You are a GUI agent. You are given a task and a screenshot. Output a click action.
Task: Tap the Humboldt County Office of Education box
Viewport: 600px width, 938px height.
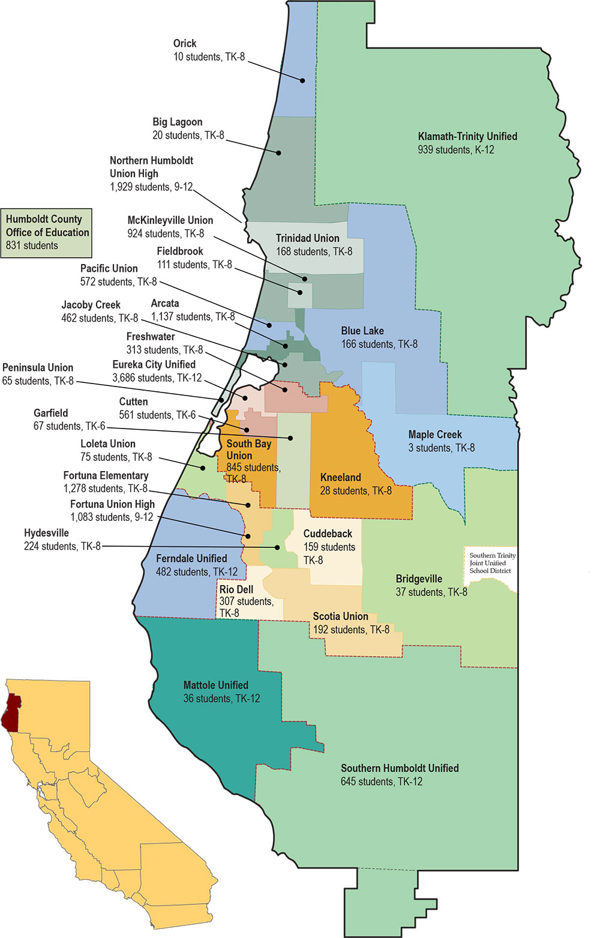coord(46,233)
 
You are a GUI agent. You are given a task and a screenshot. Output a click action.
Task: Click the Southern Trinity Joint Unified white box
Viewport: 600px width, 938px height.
coord(491,563)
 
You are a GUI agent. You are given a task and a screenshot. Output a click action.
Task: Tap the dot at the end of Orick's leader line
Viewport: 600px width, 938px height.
coord(303,80)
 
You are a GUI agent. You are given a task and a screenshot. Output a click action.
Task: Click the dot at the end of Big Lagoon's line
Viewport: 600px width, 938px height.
coord(279,152)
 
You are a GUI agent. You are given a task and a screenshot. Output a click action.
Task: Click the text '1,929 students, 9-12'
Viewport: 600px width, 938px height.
coord(151,187)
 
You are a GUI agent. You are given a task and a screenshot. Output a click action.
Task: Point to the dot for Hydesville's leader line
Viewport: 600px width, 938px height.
coord(277,547)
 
